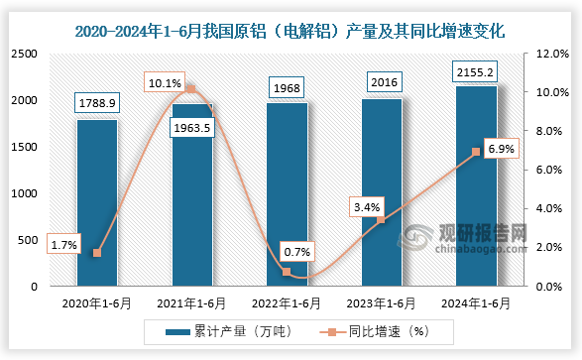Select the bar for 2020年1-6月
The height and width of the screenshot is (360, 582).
point(97,203)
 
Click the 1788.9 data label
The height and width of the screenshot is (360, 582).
point(97,101)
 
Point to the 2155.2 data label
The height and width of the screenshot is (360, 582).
point(477,71)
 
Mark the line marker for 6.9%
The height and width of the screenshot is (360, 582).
point(476,152)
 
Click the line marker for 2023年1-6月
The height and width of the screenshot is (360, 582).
point(382,220)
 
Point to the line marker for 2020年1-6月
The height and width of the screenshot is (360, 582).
point(97,253)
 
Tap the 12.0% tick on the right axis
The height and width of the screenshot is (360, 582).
point(551,54)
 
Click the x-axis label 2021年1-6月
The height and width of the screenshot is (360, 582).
point(192,303)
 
